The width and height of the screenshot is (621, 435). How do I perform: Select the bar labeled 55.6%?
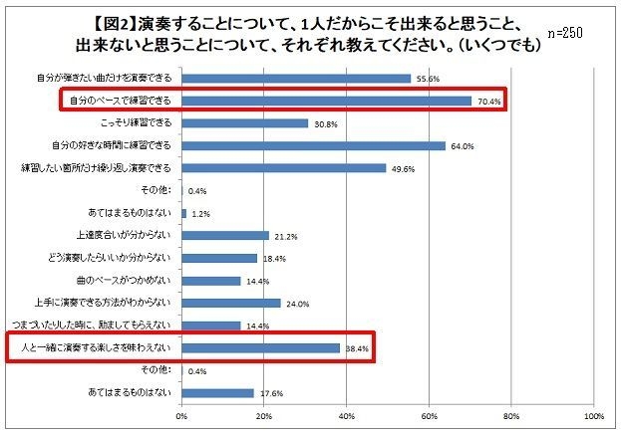point(296,78)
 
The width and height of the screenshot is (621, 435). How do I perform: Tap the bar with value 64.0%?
point(313,145)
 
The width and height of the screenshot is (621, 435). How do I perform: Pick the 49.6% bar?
point(283,168)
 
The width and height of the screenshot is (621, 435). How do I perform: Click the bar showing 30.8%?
point(245,123)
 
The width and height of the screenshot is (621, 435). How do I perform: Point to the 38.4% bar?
point(260,348)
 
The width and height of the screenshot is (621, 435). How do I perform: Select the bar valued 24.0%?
point(231,303)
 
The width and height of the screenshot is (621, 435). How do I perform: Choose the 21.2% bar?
point(225,236)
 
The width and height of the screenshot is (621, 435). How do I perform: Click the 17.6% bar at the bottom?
point(218,393)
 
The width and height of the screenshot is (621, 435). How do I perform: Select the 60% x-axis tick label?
point(430,415)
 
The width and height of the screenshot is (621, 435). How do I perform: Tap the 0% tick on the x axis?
point(182,415)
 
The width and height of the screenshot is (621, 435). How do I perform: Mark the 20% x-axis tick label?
point(264,415)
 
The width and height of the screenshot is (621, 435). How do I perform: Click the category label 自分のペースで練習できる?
point(117,101)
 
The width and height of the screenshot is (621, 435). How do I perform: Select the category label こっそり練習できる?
point(136,123)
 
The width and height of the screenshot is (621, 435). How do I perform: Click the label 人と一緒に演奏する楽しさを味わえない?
point(95,348)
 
